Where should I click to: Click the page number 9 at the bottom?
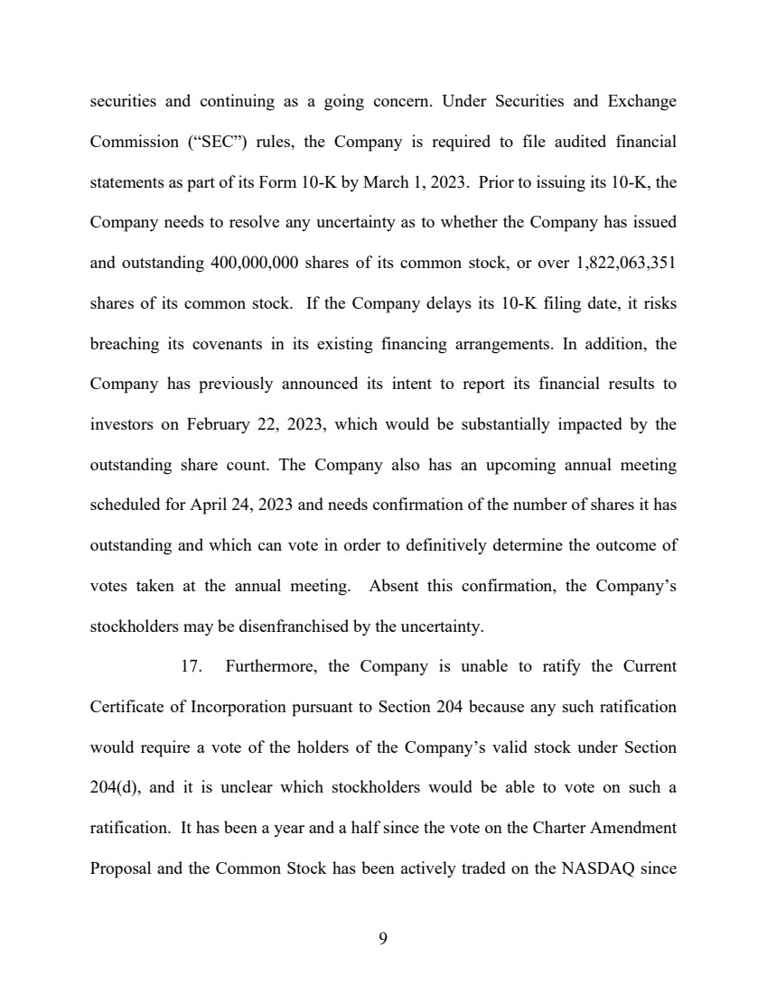[x=383, y=940]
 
